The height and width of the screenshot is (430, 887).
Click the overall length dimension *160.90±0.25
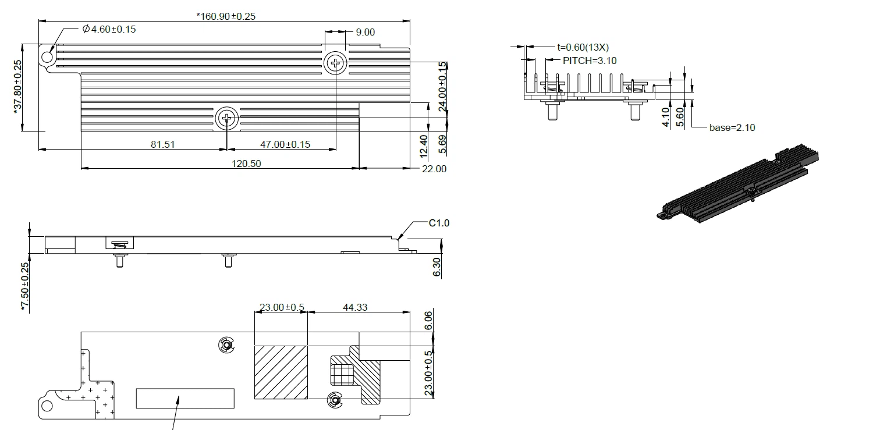(x=226, y=16)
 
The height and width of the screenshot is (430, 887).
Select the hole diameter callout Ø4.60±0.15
(x=109, y=29)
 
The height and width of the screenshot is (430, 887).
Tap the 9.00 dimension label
(x=365, y=33)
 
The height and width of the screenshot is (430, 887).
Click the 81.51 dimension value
(x=162, y=144)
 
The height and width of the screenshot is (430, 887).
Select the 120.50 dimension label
(x=246, y=164)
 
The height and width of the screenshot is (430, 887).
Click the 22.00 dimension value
(x=434, y=169)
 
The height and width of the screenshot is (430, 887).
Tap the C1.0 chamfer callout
(x=439, y=223)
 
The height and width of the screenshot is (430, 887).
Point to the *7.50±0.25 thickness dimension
(x=24, y=287)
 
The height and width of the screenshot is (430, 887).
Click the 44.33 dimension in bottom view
(x=354, y=307)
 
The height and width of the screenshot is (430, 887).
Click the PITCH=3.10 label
(x=589, y=61)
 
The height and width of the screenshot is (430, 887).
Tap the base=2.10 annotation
(x=732, y=127)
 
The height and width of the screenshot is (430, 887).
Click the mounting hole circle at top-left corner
(x=46, y=57)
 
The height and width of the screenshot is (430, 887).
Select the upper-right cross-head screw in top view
(x=336, y=62)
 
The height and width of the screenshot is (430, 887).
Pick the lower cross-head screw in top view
(x=226, y=119)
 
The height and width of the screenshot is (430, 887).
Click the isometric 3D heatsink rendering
(x=740, y=186)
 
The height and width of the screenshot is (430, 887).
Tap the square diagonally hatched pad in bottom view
(x=281, y=372)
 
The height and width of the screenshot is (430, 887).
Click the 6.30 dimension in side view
(x=437, y=268)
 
